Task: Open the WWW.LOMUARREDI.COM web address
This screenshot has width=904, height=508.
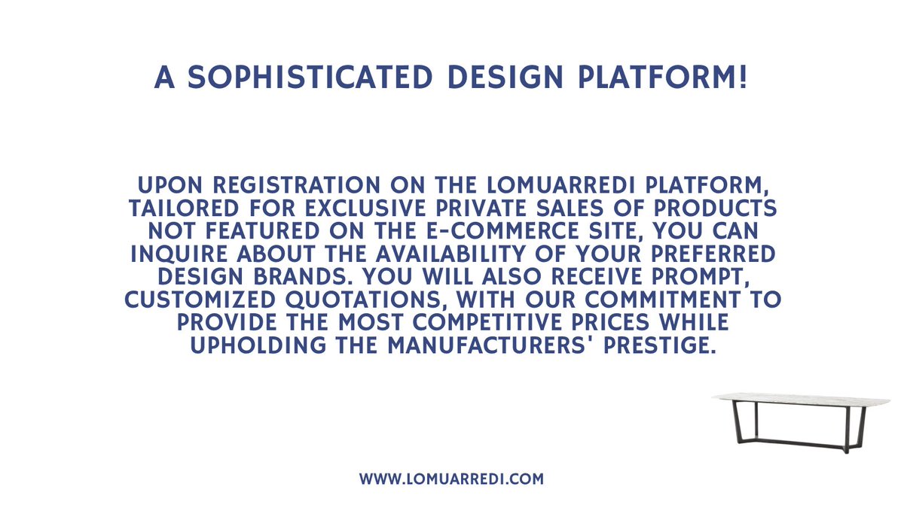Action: (x=451, y=479)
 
